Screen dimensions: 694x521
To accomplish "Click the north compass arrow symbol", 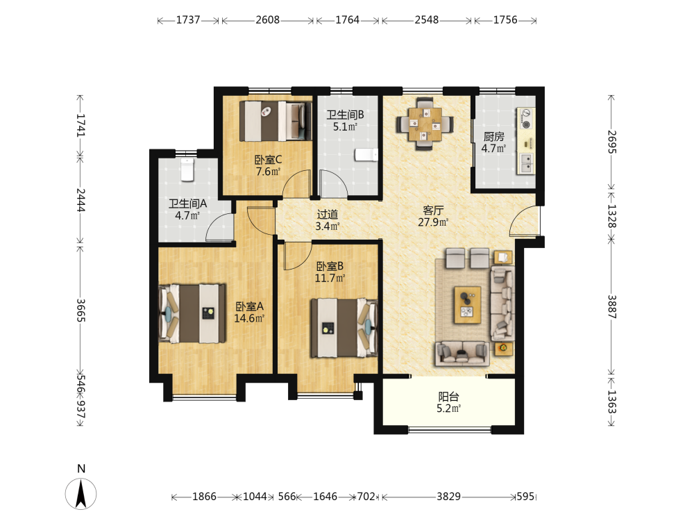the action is pyautogui.click(x=81, y=493).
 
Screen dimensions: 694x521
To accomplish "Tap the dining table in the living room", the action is pyautogui.click(x=425, y=124).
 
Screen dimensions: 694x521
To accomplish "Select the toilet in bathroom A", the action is pyautogui.click(x=187, y=169).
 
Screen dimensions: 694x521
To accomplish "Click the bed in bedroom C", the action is pyautogui.click(x=276, y=121).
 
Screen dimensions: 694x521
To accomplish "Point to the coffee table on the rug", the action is pyautogui.click(x=467, y=305).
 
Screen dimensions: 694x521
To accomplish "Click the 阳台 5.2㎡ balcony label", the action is pyautogui.click(x=448, y=402).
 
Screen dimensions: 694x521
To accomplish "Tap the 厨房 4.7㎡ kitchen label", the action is pyautogui.click(x=493, y=142).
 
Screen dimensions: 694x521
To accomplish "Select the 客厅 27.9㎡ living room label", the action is pyautogui.click(x=433, y=216).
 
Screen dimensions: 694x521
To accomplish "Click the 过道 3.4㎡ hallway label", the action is pyautogui.click(x=328, y=220).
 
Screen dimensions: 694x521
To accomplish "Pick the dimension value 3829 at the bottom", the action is pyautogui.click(x=448, y=497).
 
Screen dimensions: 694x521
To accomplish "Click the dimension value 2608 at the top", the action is pyautogui.click(x=267, y=20).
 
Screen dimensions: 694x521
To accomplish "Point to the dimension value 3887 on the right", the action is pyautogui.click(x=611, y=306).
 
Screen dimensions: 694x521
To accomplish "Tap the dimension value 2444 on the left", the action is pyautogui.click(x=81, y=200).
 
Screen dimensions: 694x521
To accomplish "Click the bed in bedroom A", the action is pyautogui.click(x=192, y=313).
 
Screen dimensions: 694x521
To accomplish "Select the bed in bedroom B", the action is pyautogui.click(x=344, y=328).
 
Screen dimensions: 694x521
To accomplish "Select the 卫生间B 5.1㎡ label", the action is pyautogui.click(x=345, y=120).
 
